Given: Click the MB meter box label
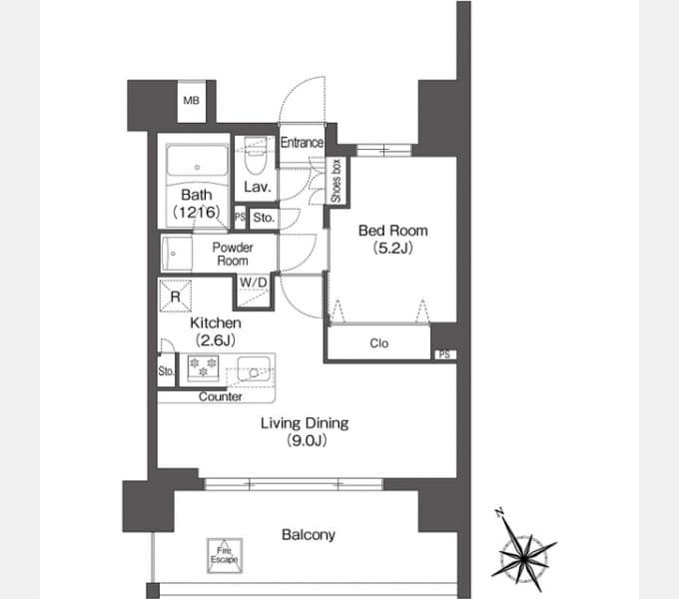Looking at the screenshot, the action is [191, 101].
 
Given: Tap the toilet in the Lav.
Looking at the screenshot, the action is [255, 156].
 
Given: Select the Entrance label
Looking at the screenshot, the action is [302, 143].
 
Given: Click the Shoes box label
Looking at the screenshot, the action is [337, 181].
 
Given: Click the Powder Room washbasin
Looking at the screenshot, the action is [177, 254].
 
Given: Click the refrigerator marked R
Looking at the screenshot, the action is [176, 297].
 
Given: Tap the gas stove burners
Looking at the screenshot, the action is [203, 366].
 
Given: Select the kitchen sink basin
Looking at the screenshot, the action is [254, 369].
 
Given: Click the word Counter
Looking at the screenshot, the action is [220, 397].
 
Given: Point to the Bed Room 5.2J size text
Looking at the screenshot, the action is [393, 248].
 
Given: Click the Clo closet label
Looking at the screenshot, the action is [378, 343].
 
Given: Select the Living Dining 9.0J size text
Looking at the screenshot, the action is [307, 440].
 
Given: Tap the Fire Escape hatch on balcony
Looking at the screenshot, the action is [225, 556].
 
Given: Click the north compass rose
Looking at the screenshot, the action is [523, 552].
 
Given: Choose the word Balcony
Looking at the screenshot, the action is [309, 535].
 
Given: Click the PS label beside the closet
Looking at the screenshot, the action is [444, 354].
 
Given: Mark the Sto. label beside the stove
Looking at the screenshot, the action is [167, 371].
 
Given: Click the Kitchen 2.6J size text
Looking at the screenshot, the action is [216, 340].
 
